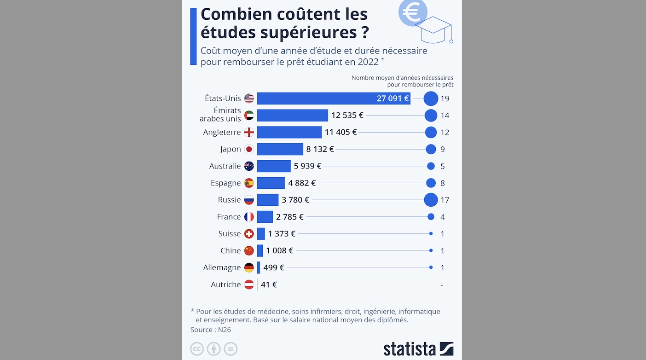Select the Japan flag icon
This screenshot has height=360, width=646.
[249, 149]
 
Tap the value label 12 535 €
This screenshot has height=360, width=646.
[347, 116]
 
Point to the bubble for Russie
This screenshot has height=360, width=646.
[431, 200]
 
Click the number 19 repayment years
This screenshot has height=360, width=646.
[444, 99]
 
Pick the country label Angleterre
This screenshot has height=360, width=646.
[222, 133]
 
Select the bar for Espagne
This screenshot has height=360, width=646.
[271, 183]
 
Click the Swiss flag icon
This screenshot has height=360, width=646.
[249, 234]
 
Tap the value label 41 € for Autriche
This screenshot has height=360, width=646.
[269, 285]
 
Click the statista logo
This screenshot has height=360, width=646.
[418, 349]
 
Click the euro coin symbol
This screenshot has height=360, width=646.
[412, 12]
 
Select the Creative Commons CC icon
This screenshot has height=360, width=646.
[197, 349]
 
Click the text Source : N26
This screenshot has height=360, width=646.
[211, 330]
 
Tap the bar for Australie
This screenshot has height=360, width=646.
[274, 166]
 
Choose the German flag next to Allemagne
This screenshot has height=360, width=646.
[249, 267]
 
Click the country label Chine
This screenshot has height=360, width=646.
[231, 251]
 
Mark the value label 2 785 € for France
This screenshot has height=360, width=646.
[290, 217]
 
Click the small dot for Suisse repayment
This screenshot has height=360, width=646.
[431, 234]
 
